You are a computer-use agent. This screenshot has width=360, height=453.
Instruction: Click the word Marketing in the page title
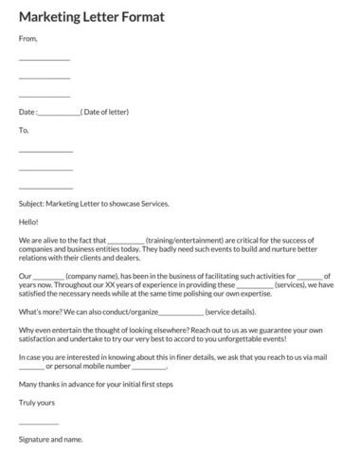tap(47, 16)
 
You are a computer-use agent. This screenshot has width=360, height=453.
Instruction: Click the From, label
tap(28, 39)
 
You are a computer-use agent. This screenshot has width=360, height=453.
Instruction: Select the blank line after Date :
tap(61, 113)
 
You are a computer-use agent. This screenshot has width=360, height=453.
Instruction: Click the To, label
tap(25, 130)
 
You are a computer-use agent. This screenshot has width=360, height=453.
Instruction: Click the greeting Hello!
tap(29, 221)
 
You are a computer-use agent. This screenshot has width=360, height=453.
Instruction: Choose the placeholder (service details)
tap(230, 312)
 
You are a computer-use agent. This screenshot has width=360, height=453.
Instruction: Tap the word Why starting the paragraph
tap(27, 330)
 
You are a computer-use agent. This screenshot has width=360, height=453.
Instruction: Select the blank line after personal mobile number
tap(148, 366)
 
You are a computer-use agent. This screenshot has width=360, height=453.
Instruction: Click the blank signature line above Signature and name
tap(39, 423)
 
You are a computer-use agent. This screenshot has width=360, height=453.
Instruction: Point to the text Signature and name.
tap(51, 439)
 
